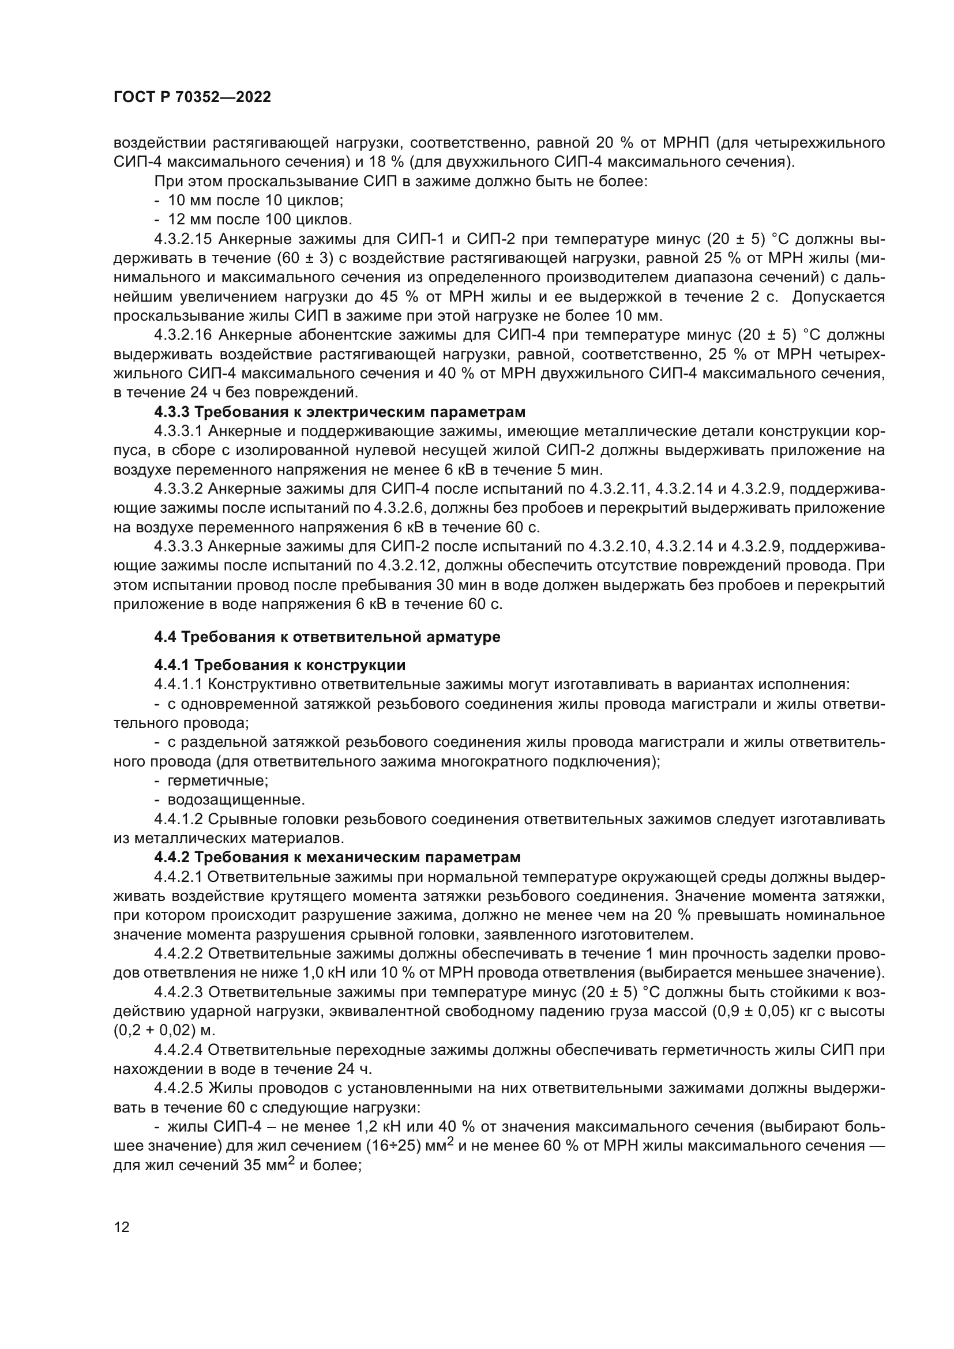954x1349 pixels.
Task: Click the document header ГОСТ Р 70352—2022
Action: tap(192, 97)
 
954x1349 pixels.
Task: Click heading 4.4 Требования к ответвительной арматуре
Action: tap(327, 637)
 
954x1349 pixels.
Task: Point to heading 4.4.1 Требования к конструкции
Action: tap(280, 665)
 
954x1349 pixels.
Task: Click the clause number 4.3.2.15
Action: tap(183, 239)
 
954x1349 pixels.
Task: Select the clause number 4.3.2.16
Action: tap(183, 335)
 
